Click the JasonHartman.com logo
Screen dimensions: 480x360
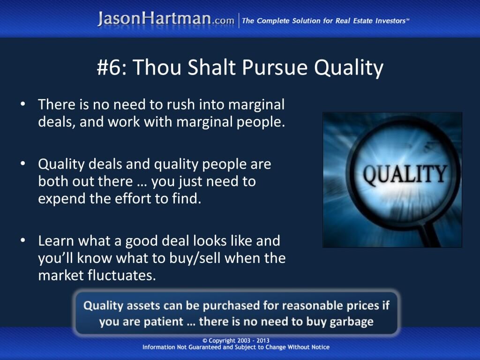(x=166, y=19)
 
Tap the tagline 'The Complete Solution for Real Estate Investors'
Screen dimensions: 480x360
(x=325, y=21)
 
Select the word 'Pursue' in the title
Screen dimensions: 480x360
(x=275, y=67)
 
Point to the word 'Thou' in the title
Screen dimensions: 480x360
(x=157, y=67)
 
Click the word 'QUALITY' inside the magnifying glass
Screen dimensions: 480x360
(x=405, y=174)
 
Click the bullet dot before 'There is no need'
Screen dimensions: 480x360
(x=22, y=104)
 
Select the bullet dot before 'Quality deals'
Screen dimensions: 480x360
(x=22, y=164)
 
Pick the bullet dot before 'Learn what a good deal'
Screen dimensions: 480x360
(x=22, y=240)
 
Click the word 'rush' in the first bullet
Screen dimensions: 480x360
(x=181, y=105)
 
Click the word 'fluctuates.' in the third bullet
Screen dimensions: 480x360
(x=121, y=275)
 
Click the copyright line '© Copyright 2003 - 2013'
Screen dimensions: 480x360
(x=236, y=340)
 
